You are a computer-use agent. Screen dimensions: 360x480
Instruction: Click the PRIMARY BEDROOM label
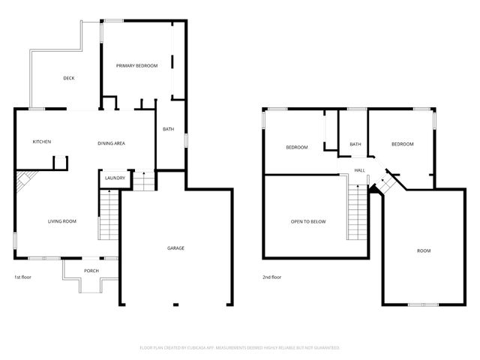pyautogui.click(x=136, y=66)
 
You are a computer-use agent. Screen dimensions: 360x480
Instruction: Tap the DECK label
pyautogui.click(x=68, y=78)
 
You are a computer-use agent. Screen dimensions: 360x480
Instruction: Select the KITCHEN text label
pyautogui.click(x=41, y=142)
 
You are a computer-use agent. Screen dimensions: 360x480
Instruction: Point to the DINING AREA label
pyautogui.click(x=111, y=142)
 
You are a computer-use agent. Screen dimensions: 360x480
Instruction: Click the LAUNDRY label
pyautogui.click(x=115, y=178)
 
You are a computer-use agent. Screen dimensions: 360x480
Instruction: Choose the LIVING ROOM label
pyautogui.click(x=62, y=221)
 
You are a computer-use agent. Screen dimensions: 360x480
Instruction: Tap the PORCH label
pyautogui.click(x=91, y=271)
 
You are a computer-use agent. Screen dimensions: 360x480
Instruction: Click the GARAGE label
pyautogui.click(x=175, y=247)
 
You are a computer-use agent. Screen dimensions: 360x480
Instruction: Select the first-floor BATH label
pyautogui.click(x=169, y=129)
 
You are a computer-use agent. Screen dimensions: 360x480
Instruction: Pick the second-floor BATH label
pyautogui.click(x=355, y=144)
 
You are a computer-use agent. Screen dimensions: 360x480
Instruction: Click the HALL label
pyautogui.click(x=360, y=170)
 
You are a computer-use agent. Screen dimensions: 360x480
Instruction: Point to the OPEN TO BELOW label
pyautogui.click(x=307, y=221)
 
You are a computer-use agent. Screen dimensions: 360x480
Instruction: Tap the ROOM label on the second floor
pyautogui.click(x=424, y=250)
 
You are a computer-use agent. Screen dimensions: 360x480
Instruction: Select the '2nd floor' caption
pyautogui.click(x=271, y=277)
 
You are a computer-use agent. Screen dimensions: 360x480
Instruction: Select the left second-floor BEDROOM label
pyautogui.click(x=296, y=147)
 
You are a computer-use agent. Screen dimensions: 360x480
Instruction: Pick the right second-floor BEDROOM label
pyautogui.click(x=402, y=143)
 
